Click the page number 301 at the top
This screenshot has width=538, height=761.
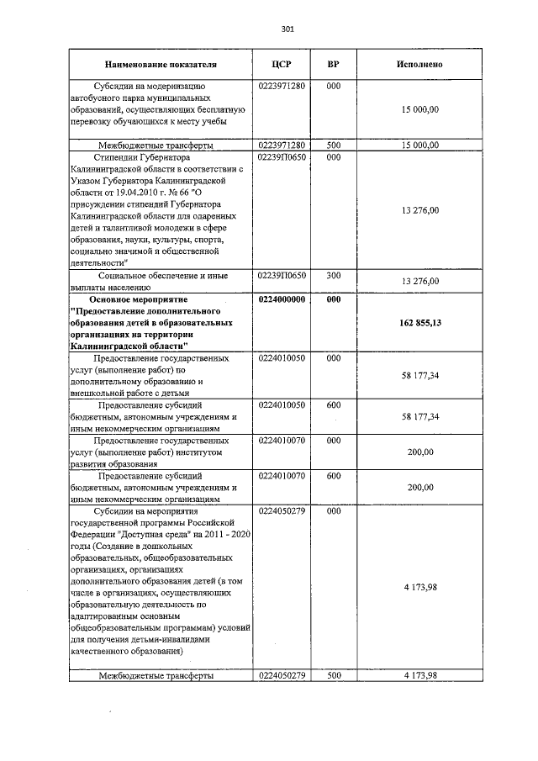tap(287, 29)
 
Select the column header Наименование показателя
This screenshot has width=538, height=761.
tap(161, 64)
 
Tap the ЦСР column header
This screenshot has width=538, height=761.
tap(282, 64)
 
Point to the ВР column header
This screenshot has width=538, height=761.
tap(333, 64)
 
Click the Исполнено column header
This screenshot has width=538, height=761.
tap(419, 64)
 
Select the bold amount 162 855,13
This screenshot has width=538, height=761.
tap(419, 322)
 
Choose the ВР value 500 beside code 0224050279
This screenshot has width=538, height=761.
tap(333, 675)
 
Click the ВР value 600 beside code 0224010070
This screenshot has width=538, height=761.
tap(333, 476)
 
